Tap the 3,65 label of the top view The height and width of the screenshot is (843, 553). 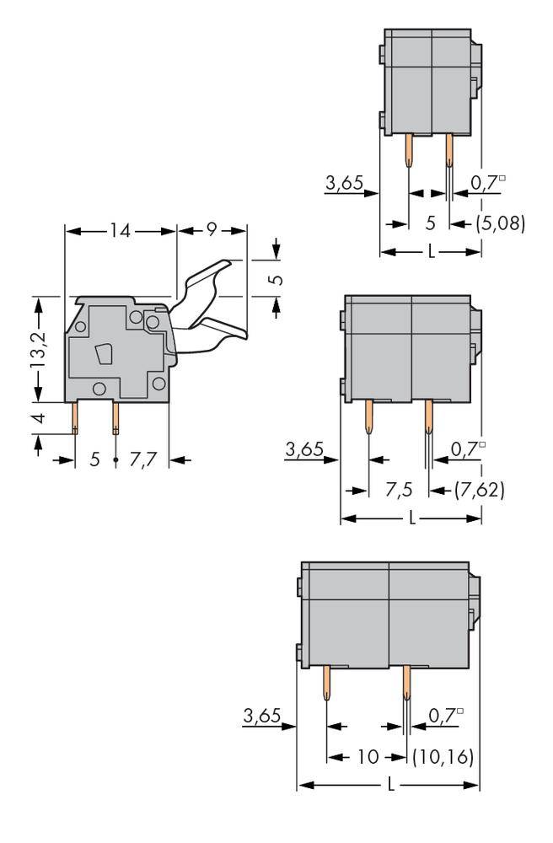[343, 182]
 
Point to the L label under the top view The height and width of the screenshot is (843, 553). [432, 252]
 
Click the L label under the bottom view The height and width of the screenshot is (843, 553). [390, 785]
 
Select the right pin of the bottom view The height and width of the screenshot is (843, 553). [406, 683]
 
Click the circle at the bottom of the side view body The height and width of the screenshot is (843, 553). [99, 389]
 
